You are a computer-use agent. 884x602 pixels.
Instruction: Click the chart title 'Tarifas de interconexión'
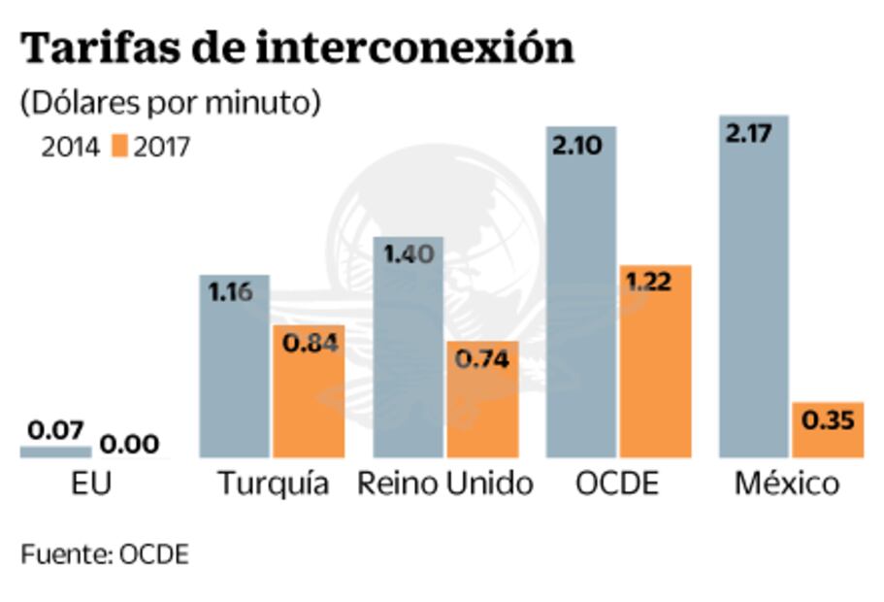point(297,47)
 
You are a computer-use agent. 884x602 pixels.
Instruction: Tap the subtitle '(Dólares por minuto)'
point(170,102)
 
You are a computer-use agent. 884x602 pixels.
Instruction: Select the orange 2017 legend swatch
point(119,148)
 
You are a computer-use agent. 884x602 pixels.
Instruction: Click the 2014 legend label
point(69,148)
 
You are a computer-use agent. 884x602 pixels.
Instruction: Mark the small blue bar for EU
point(55,451)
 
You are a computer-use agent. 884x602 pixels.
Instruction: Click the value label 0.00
point(129,445)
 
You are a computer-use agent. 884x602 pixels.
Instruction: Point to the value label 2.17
point(748,134)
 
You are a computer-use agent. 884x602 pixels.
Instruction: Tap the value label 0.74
point(482,358)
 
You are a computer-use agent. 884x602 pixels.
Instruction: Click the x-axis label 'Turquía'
point(273,484)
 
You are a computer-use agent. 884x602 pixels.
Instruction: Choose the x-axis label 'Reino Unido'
point(444,484)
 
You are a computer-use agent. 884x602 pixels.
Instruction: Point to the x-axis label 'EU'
point(92,484)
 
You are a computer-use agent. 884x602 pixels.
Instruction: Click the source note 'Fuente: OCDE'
point(105,554)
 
